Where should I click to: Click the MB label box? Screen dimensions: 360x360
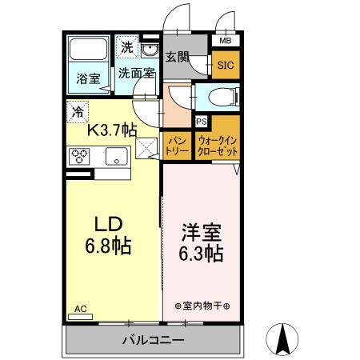pos(224,41)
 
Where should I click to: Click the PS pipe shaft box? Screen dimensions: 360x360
pos(202,122)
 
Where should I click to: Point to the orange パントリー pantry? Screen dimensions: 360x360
pos(176,145)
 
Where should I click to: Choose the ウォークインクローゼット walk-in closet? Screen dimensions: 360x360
pos(216,145)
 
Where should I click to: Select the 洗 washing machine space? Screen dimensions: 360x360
pos(126,47)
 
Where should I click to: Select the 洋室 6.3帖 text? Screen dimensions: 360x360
pos(201,242)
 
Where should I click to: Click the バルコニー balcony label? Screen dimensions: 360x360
pos(153,340)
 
